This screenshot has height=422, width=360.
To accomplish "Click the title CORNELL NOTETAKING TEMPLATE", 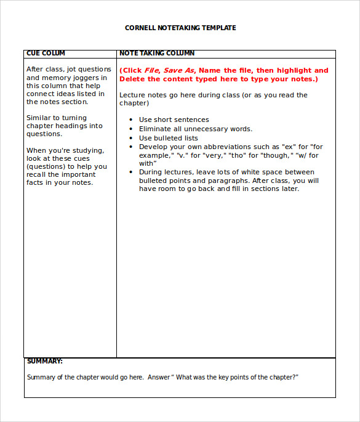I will coord(180,28).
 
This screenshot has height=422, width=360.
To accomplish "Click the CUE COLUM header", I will coord(46,54).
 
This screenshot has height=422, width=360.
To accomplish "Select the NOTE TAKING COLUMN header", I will coord(157,54).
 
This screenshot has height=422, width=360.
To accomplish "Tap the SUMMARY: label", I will coord(44,362).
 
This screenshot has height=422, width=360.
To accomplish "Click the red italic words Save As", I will coord(178,70).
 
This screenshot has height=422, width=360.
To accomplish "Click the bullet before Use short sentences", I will coord(132,120).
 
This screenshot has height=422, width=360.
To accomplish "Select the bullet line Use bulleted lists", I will coord(168,138).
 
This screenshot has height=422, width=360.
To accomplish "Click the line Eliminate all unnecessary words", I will coord(195,129).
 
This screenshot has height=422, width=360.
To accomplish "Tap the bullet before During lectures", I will coord(132,172).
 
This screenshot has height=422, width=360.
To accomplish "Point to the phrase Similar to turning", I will coord(57,118).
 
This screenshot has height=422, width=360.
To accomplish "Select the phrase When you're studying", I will coord(65,150).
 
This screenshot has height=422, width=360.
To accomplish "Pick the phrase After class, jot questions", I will coord(69,69).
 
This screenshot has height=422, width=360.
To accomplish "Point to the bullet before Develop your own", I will coord(132,147).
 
